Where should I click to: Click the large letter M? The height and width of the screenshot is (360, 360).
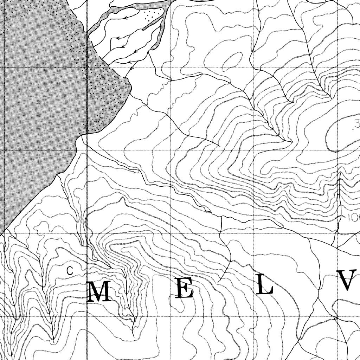99,292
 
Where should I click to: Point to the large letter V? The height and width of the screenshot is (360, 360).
348,280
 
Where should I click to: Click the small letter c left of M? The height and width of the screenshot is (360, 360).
70,270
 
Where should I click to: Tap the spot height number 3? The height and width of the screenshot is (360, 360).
357,124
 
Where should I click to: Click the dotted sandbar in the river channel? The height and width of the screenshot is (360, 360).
153,15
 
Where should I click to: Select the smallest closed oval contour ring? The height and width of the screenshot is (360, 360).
232,60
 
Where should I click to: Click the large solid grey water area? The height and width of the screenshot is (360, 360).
39,105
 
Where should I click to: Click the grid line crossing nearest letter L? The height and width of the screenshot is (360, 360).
254,316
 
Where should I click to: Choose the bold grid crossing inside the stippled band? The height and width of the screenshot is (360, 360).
87,67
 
